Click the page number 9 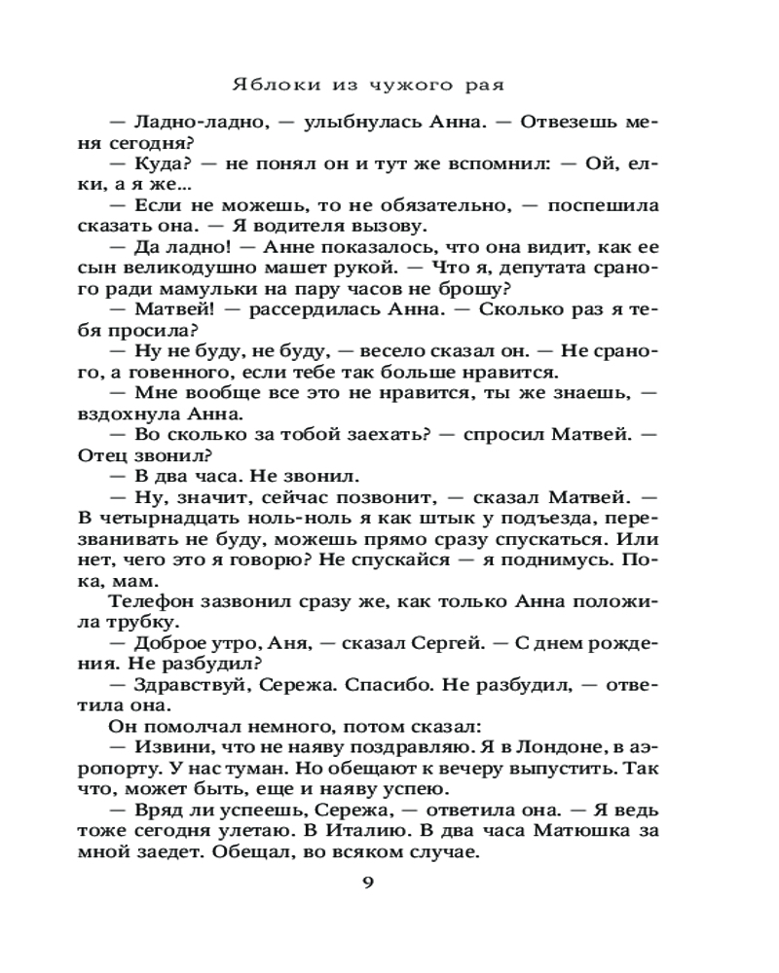pos(367,882)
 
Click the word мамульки pos(235,289)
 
